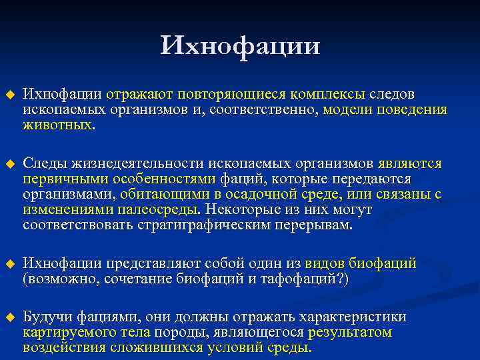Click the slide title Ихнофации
pos(240,46)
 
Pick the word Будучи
pos(45,317)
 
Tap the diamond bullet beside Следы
pos(9,164)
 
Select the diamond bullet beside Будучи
pos(9,317)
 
